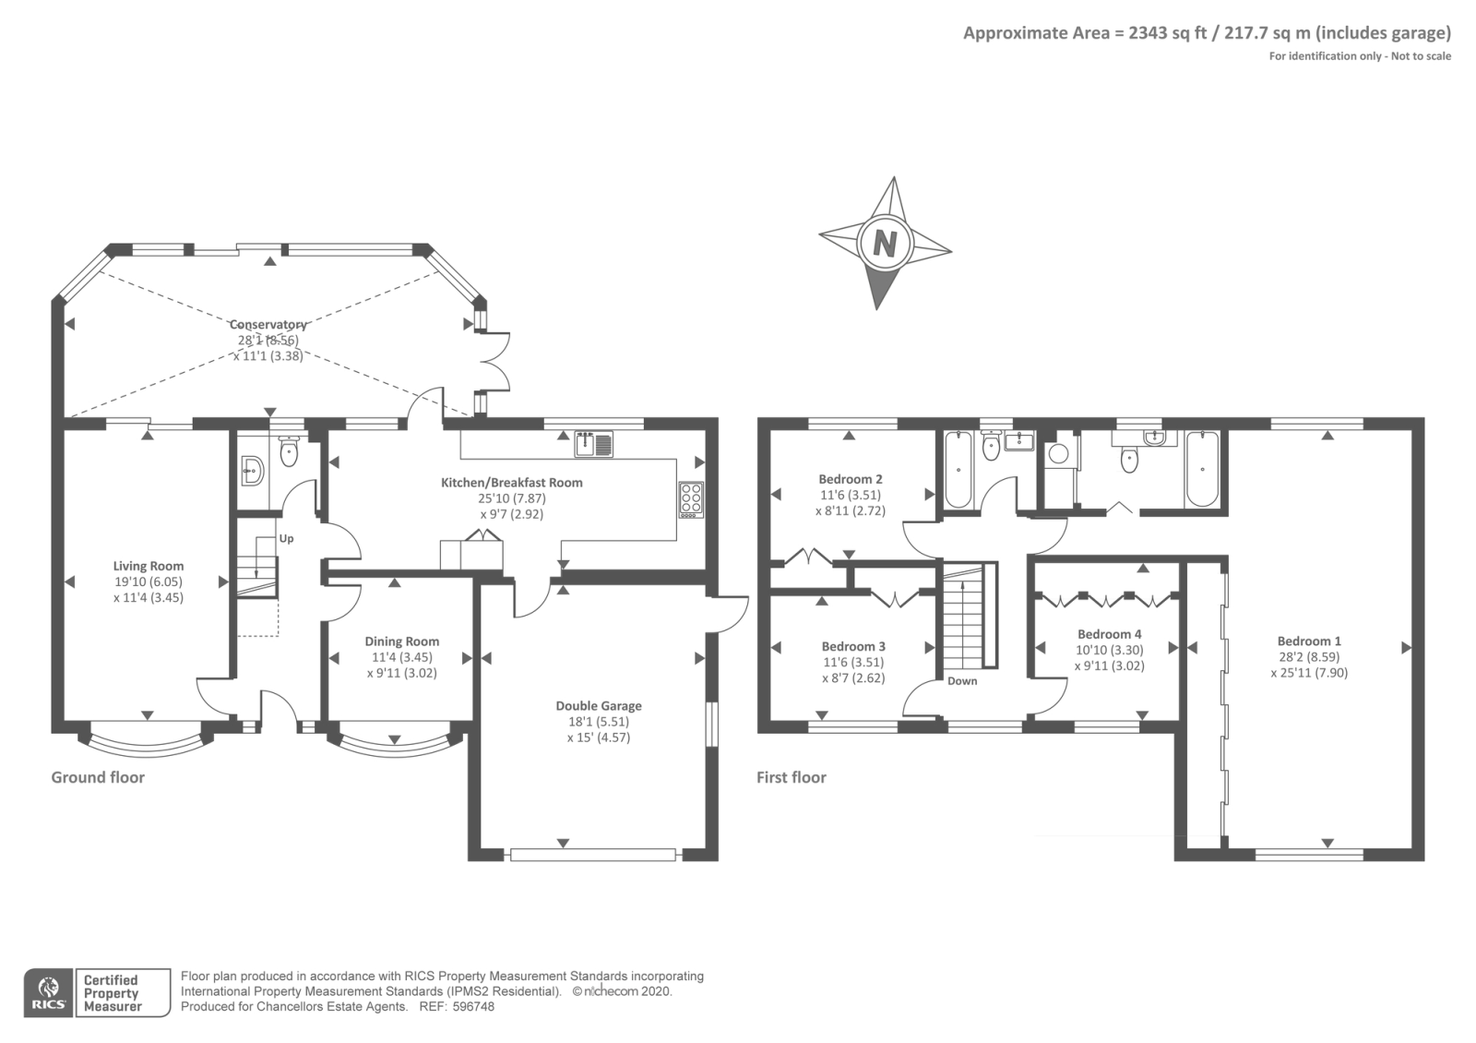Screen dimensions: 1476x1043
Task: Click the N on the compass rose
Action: click(x=885, y=244)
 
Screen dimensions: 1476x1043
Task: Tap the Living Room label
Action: click(x=149, y=566)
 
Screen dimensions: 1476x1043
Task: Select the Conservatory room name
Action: click(x=268, y=324)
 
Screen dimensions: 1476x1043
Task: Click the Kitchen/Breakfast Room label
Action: click(x=512, y=483)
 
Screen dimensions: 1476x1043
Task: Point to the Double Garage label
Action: click(x=599, y=705)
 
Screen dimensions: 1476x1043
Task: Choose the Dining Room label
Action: click(x=402, y=641)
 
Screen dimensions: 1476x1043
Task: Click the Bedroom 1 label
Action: click(x=1309, y=641)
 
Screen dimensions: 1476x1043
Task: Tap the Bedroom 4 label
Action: click(x=1110, y=634)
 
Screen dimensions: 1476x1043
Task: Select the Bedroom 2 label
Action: click(x=851, y=479)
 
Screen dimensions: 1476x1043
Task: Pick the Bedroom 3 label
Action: click(x=853, y=647)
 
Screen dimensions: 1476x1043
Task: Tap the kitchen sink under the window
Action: click(x=594, y=444)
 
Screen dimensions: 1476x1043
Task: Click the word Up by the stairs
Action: click(x=286, y=539)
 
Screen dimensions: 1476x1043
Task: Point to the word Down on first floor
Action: click(x=962, y=681)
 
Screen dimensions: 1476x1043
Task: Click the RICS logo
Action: click(x=49, y=993)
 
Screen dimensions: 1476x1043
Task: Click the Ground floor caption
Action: click(x=98, y=777)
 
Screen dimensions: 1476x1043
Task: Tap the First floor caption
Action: click(x=791, y=777)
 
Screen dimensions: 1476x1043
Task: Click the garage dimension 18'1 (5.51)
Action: click(x=599, y=722)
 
